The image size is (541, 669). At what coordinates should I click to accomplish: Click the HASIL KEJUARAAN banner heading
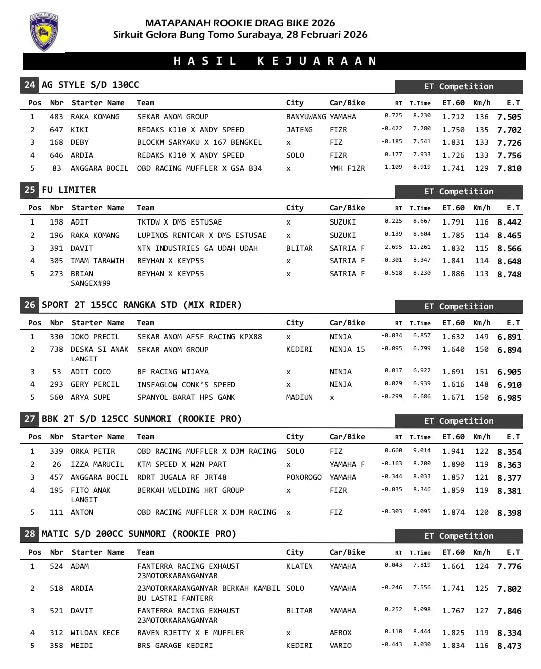(275, 61)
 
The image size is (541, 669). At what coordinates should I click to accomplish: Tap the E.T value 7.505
(509, 117)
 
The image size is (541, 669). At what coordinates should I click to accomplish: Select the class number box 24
(30, 85)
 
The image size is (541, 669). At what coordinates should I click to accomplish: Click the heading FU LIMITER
(69, 190)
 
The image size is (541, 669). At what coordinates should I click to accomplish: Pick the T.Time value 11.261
(420, 247)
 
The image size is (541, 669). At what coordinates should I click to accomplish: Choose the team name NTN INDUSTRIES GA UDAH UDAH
(197, 248)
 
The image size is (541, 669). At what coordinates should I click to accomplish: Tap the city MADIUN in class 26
(299, 397)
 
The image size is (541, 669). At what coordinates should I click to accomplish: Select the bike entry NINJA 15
(347, 349)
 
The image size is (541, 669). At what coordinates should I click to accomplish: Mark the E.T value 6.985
(509, 398)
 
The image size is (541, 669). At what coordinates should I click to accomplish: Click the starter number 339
(56, 451)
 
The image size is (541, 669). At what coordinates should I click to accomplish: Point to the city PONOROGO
(304, 477)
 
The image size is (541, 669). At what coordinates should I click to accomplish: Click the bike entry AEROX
(341, 633)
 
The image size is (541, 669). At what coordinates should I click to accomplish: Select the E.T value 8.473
(509, 646)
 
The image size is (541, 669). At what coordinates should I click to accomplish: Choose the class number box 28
(30, 534)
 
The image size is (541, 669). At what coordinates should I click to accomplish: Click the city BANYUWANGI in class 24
(306, 117)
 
